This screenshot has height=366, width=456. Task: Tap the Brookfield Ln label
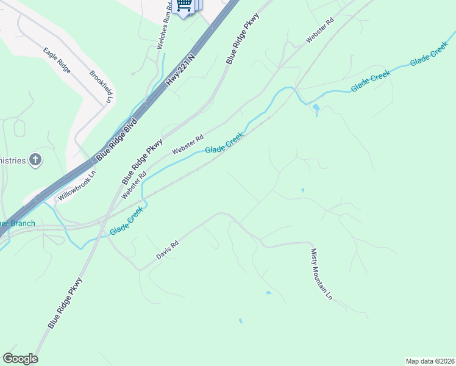pos(102,85)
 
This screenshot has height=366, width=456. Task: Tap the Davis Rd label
pos(166,250)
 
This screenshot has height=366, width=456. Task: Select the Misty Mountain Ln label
pos(321,274)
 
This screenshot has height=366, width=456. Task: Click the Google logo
pos(20,359)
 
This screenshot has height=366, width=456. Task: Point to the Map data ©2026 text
pos(430,361)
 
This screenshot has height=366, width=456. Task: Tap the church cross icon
pos(36,160)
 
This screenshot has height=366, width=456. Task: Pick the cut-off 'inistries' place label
pos(13,160)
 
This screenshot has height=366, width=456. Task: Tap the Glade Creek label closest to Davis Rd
pos(127,221)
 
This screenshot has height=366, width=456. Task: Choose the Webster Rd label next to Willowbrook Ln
pos(134,184)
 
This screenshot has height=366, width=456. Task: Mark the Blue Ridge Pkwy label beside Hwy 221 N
pos(243,38)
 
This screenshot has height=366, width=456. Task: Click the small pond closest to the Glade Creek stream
pos(315,108)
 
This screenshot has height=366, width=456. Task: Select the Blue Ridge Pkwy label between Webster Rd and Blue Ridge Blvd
pos(142,162)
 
